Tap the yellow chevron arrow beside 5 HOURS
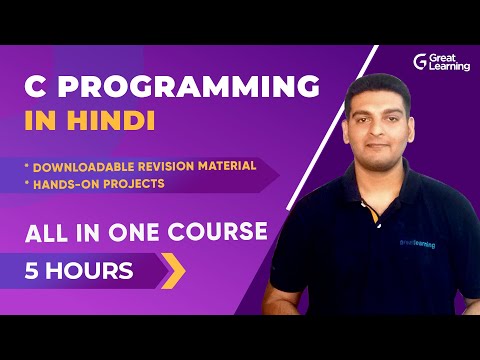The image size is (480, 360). pos(173,270)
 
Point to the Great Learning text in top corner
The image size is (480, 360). pos(451,62)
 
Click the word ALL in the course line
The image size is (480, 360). pos(46,233)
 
